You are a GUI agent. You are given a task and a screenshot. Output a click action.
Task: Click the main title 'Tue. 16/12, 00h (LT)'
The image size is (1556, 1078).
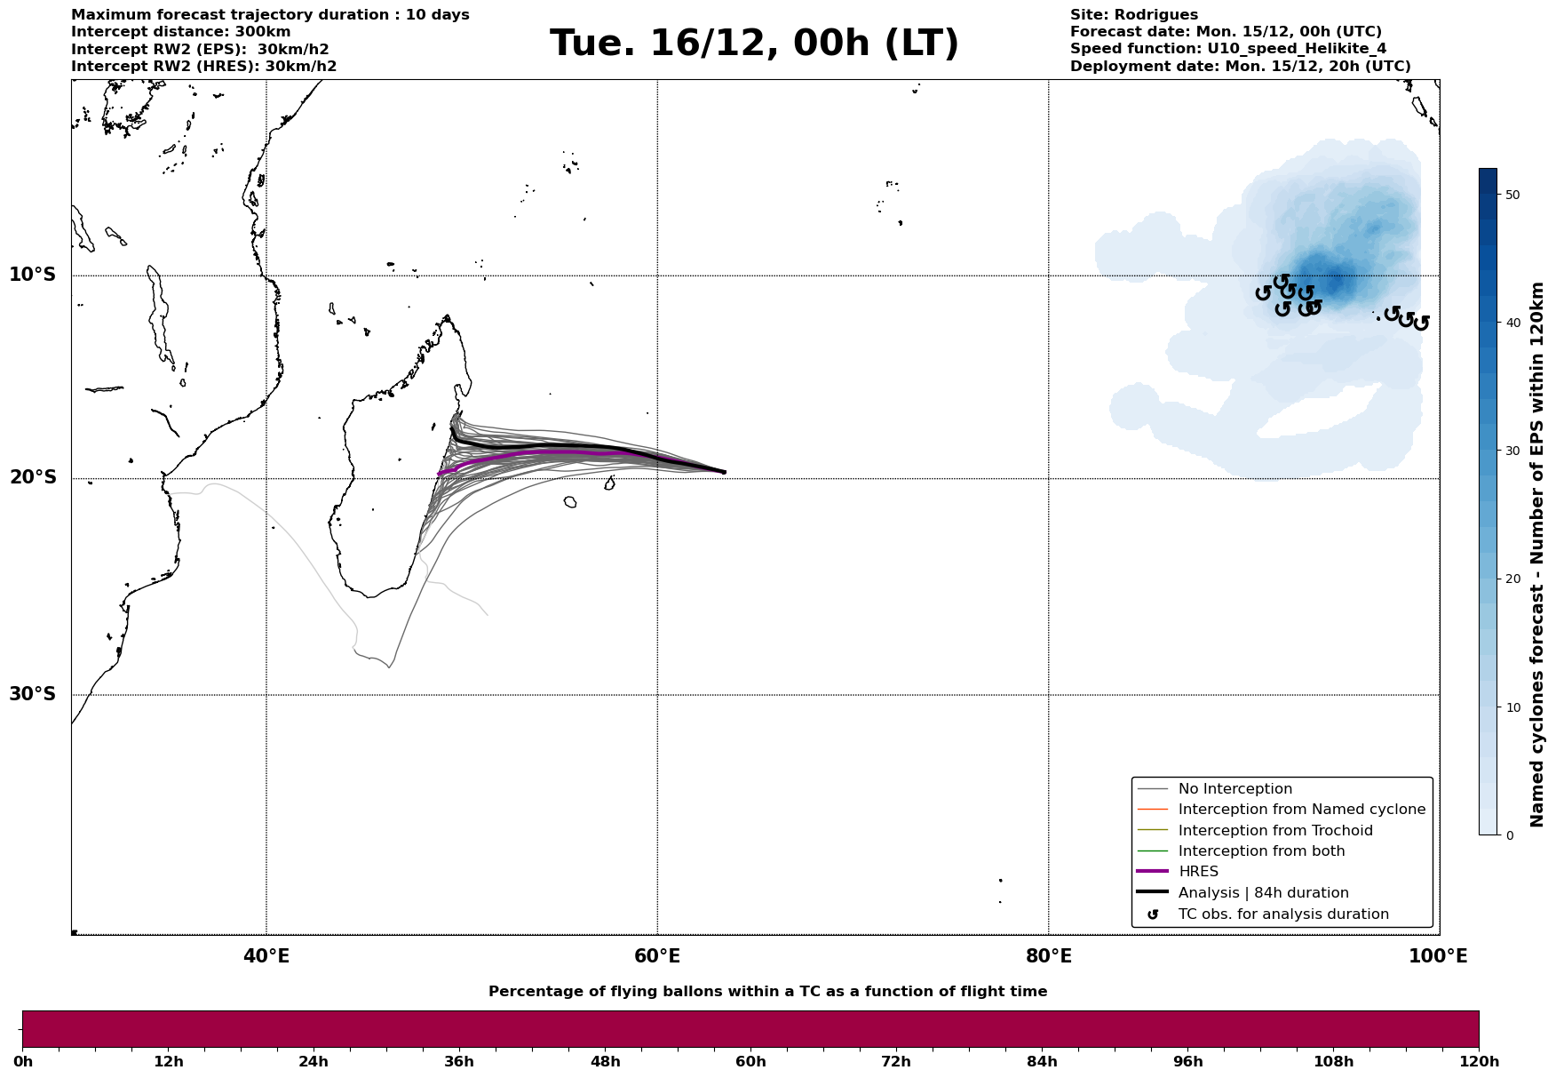click(x=754, y=44)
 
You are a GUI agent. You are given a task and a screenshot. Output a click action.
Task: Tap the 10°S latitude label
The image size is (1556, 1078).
click(x=33, y=275)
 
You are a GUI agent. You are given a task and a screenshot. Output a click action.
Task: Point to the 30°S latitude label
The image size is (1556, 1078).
click(x=33, y=694)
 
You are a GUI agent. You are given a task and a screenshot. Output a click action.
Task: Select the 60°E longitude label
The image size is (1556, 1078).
click(x=657, y=956)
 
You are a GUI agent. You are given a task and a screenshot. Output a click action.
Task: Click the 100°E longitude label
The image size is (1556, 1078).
click(x=1438, y=956)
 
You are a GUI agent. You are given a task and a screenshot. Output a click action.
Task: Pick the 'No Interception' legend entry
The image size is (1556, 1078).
click(x=1234, y=789)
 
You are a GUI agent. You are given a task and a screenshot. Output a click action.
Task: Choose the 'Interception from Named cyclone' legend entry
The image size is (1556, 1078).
click(x=1301, y=810)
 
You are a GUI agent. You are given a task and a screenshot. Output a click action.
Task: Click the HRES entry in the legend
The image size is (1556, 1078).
click(x=1198, y=872)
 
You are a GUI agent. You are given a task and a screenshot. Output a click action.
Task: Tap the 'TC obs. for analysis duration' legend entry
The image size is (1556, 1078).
click(x=1283, y=914)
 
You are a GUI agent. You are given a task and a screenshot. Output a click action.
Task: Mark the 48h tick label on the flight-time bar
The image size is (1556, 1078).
click(x=605, y=1062)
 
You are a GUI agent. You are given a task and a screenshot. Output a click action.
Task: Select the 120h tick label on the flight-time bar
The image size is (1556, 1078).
click(x=1479, y=1062)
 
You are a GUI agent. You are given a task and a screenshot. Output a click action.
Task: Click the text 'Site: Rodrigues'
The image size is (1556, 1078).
click(x=1133, y=15)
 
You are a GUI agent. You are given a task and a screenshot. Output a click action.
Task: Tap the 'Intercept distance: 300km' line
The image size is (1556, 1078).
click(x=180, y=32)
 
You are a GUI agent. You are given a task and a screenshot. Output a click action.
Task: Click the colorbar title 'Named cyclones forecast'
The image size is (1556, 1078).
click(x=1537, y=555)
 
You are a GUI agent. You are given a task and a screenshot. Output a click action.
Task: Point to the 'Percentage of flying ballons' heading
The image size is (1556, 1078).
click(x=767, y=992)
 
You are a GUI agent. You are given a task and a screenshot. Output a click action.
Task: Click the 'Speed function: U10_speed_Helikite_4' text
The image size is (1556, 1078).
click(x=1227, y=49)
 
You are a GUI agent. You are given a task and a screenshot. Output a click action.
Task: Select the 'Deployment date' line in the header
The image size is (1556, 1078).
click(x=1240, y=67)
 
